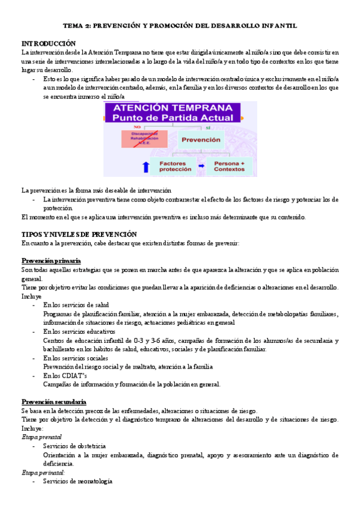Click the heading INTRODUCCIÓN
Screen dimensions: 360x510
49,43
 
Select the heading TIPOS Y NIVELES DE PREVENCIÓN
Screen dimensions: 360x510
79,234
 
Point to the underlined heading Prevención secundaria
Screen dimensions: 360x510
53,401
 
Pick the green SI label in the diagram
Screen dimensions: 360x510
208,127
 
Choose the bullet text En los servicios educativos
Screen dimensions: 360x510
79,331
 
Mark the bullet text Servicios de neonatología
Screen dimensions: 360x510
78,482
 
